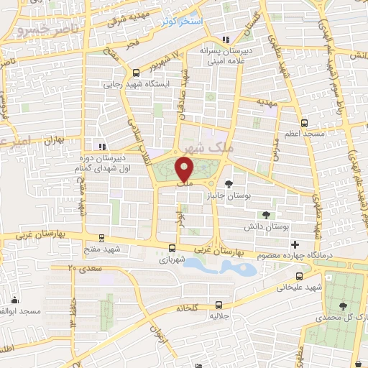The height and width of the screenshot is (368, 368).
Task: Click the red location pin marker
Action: (x=185, y=170)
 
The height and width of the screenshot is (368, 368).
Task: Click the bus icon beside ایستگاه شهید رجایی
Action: (x=137, y=73)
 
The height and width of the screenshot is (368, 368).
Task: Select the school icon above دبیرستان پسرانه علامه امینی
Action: (x=227, y=40)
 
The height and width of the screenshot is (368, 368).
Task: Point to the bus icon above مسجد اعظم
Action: (x=305, y=122)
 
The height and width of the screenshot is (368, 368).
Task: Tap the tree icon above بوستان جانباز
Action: (x=229, y=183)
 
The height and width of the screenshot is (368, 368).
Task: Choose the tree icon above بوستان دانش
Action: (x=267, y=214)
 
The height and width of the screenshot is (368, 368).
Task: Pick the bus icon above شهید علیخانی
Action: (x=299, y=275)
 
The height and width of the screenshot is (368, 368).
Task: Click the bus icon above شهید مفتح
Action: (x=101, y=239)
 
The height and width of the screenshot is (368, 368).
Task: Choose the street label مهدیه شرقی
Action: (x=128, y=19)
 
